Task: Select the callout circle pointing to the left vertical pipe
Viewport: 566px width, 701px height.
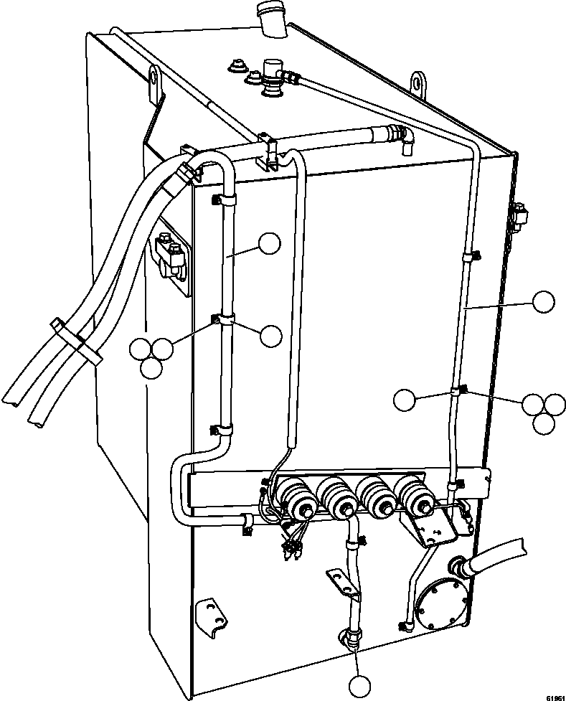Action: [269, 244]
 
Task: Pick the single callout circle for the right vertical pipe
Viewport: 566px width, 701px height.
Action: [543, 301]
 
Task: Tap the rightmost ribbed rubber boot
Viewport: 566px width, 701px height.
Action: [414, 495]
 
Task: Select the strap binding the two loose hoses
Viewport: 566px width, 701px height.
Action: [74, 342]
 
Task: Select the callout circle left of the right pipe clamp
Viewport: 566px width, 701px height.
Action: [405, 399]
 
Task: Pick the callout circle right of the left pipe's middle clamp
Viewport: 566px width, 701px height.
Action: [271, 334]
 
